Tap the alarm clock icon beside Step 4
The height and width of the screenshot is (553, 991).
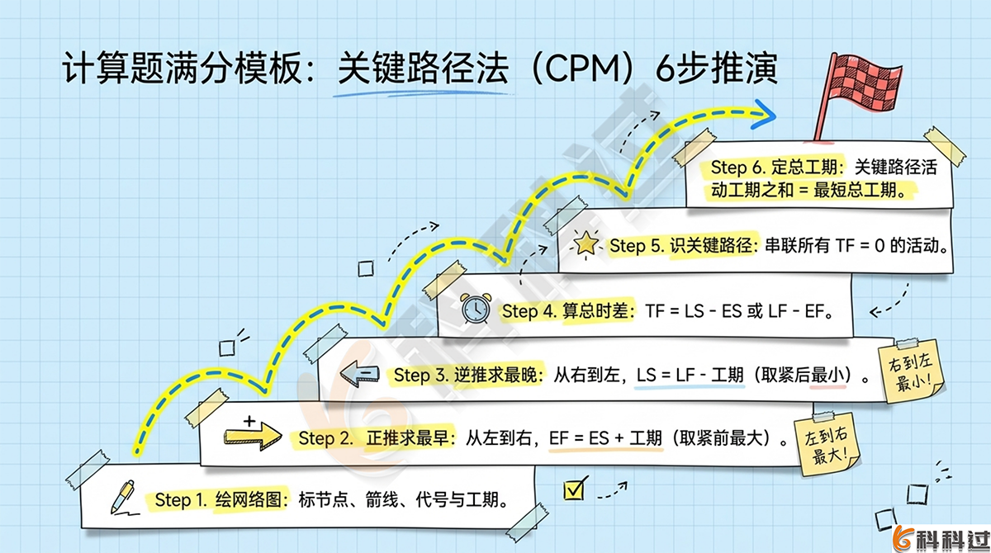click(x=476, y=309)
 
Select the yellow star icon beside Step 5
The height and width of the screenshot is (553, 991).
click(x=586, y=243)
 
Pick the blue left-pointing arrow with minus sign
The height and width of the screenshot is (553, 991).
click(x=362, y=376)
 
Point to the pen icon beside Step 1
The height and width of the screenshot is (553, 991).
click(x=123, y=498)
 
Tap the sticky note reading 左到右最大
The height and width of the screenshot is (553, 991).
click(x=826, y=445)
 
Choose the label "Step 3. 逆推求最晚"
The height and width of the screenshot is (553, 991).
click(x=467, y=376)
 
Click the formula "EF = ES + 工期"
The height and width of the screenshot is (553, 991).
click(x=605, y=438)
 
